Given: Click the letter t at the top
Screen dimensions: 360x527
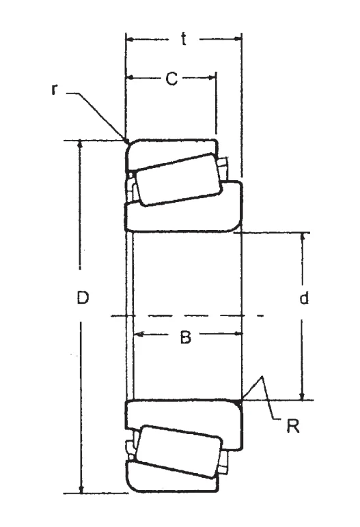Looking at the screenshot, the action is [183, 40].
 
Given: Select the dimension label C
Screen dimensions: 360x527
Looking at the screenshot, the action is [171, 79].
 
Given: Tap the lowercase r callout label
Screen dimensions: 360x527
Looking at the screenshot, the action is [54, 89].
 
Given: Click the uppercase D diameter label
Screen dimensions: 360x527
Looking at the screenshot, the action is [83, 297].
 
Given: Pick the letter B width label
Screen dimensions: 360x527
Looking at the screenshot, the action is [185, 337].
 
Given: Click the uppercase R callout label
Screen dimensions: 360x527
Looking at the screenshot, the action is [292, 426].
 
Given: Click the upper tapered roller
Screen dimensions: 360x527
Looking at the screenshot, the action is [179, 180].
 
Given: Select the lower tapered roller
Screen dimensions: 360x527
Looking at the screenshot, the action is [179, 451].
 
